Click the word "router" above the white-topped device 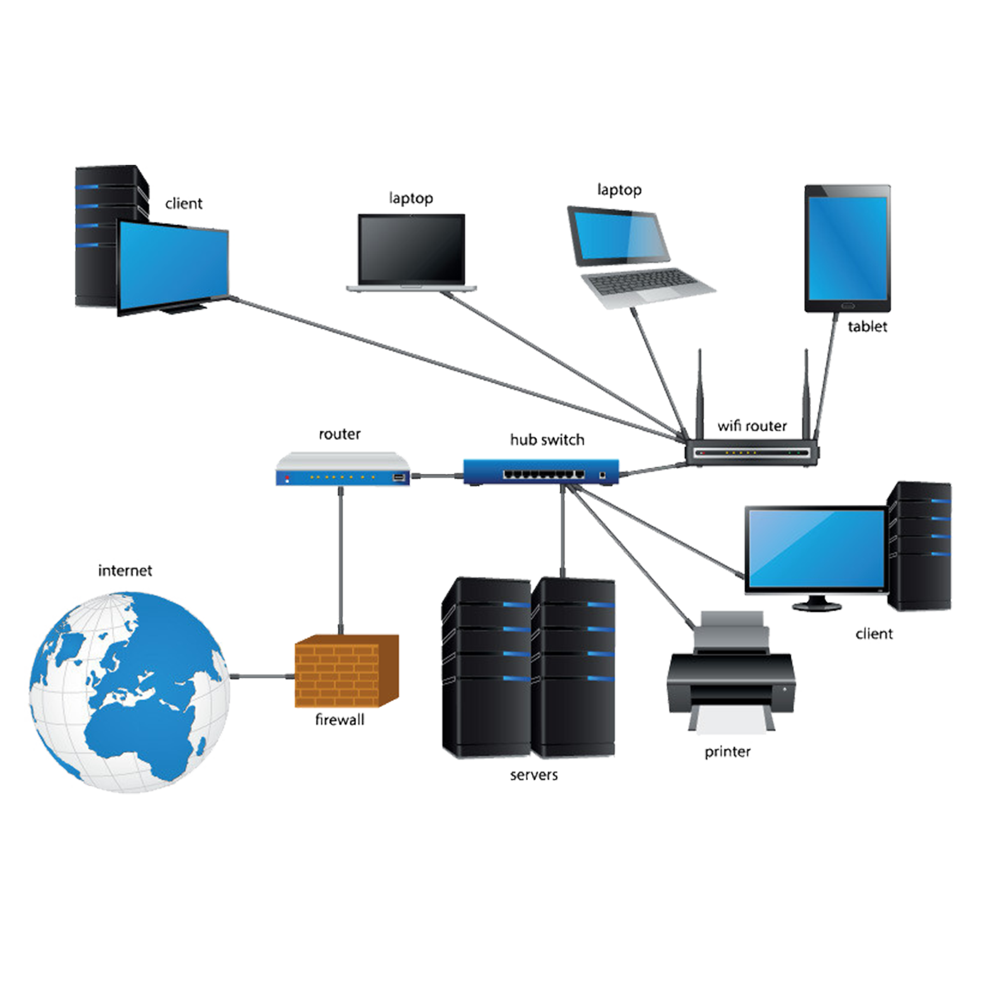pos(339,434)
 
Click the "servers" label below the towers pos(533,775)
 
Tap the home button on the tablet pos(848,306)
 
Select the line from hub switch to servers pos(563,529)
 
